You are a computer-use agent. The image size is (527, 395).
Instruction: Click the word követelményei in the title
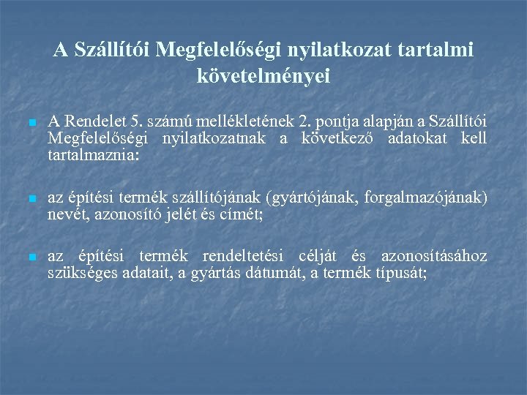(x=263, y=75)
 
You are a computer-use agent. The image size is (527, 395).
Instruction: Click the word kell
(x=474, y=138)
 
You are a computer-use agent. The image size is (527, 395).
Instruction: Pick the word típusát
(x=400, y=274)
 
